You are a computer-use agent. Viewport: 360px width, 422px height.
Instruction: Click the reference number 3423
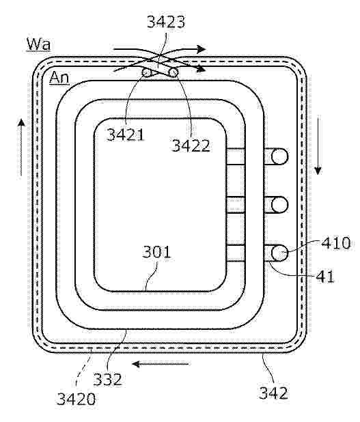166,22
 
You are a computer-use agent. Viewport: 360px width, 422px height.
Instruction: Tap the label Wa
38,44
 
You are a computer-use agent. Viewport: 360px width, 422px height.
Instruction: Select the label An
59,78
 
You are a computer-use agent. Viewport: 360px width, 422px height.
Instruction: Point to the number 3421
126,135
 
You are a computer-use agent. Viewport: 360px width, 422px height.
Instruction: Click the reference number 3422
191,145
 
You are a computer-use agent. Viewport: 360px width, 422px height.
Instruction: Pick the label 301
156,252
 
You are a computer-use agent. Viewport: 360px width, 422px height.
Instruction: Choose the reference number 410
336,243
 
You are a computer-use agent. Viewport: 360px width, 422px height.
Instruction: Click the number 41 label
325,276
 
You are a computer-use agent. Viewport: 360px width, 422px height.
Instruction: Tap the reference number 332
107,379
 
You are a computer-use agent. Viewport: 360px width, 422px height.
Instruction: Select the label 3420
76,399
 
